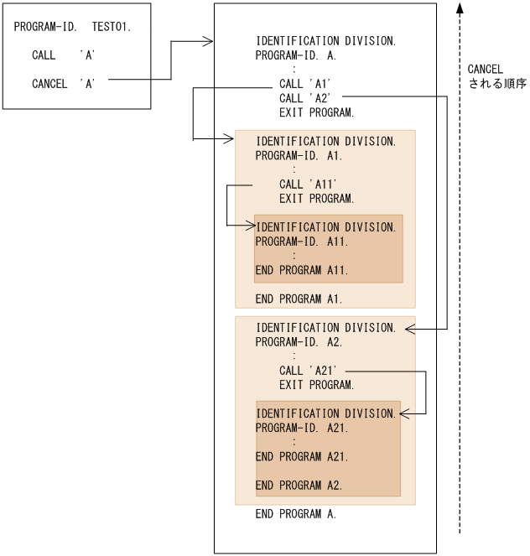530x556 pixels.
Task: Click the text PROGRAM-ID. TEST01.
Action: tap(72, 28)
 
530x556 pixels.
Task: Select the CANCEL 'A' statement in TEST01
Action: tap(63, 84)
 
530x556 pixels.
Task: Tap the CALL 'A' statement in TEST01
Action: tap(63, 55)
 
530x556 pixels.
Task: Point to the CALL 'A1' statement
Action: tap(306, 84)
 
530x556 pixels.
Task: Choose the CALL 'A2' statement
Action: tap(306, 98)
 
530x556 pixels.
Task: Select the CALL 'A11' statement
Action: tap(309, 184)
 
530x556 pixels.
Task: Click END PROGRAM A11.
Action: tap(302, 270)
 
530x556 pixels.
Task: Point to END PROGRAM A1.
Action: tap(299, 299)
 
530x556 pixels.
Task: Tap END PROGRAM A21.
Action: tap(302, 457)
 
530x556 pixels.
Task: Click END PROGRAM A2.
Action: tap(299, 486)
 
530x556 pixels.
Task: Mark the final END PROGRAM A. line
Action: tap(296, 514)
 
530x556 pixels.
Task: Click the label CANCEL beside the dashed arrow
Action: tap(485, 70)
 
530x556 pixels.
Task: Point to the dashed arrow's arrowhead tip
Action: tap(460, 5)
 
